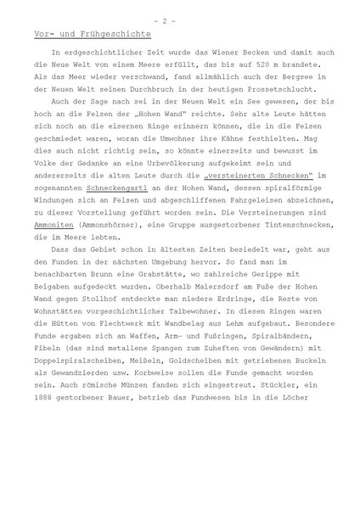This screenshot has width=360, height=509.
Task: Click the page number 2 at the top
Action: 180,18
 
